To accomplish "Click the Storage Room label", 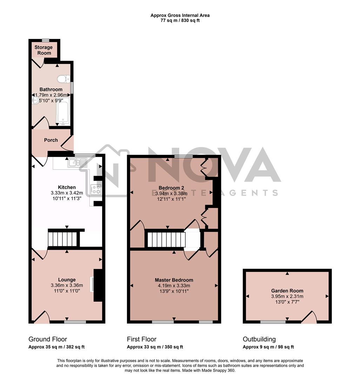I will (44, 50).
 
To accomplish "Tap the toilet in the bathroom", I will (64, 79).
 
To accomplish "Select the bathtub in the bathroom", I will (63, 111).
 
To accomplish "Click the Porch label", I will (51, 140).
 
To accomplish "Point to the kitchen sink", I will (78, 162).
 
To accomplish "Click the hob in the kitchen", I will (95, 190).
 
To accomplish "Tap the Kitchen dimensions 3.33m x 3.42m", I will (67, 193).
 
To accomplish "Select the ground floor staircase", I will (63, 239).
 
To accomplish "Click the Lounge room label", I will (67, 280).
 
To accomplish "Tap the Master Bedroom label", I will (174, 280).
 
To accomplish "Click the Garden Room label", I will (287, 291).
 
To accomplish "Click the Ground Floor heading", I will (48, 339).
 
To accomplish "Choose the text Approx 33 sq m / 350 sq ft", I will (155, 347).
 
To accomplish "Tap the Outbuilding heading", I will (259, 339).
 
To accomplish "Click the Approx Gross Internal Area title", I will (180, 15).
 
